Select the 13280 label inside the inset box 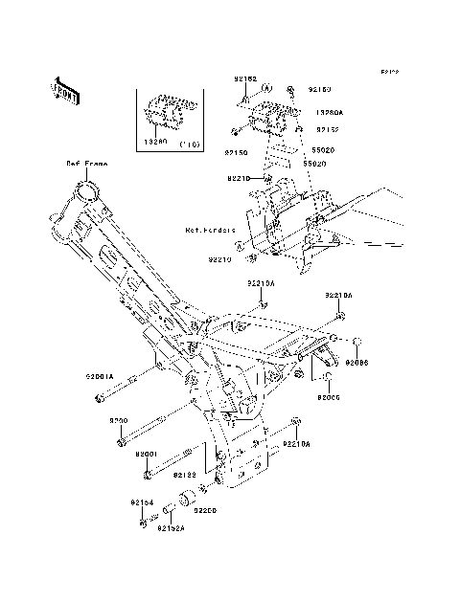[x=155, y=139]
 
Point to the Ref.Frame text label [x=86, y=164]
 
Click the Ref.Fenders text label [x=211, y=231]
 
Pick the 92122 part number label [x=185, y=474]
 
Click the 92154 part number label [x=142, y=501]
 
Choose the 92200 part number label [x=207, y=511]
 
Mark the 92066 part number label [x=356, y=364]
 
